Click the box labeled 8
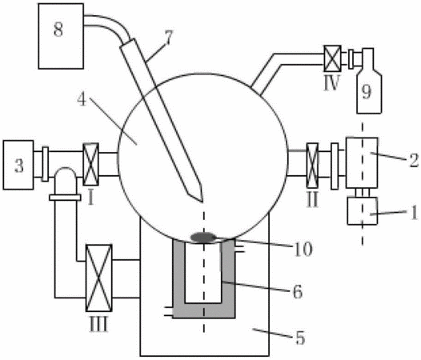pyautogui.click(x=61, y=36)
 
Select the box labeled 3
pyautogui.click(x=18, y=165)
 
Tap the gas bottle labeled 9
pyautogui.click(x=369, y=81)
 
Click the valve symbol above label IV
pyautogui.click(x=332, y=58)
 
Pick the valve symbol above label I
pyautogui.click(x=90, y=164)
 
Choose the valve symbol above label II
pyautogui.click(x=312, y=166)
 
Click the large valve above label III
pyautogui.click(x=98, y=278)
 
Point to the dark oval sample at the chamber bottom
pyautogui.click(x=203, y=238)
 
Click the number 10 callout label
pyautogui.click(x=303, y=249)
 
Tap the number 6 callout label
pyautogui.click(x=298, y=291)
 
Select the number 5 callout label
pyautogui.click(x=300, y=338)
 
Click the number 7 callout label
pyautogui.click(x=169, y=38)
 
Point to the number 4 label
pyautogui.click(x=82, y=99)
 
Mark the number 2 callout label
pyautogui.click(x=414, y=160)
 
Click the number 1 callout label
pyautogui.click(x=415, y=213)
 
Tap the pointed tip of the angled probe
pyautogui.click(x=202, y=202)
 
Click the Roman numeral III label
pyautogui.click(x=98, y=324)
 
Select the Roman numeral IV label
pyautogui.click(x=332, y=83)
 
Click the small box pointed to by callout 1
pyautogui.click(x=363, y=211)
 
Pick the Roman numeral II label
pyautogui.click(x=312, y=200)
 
